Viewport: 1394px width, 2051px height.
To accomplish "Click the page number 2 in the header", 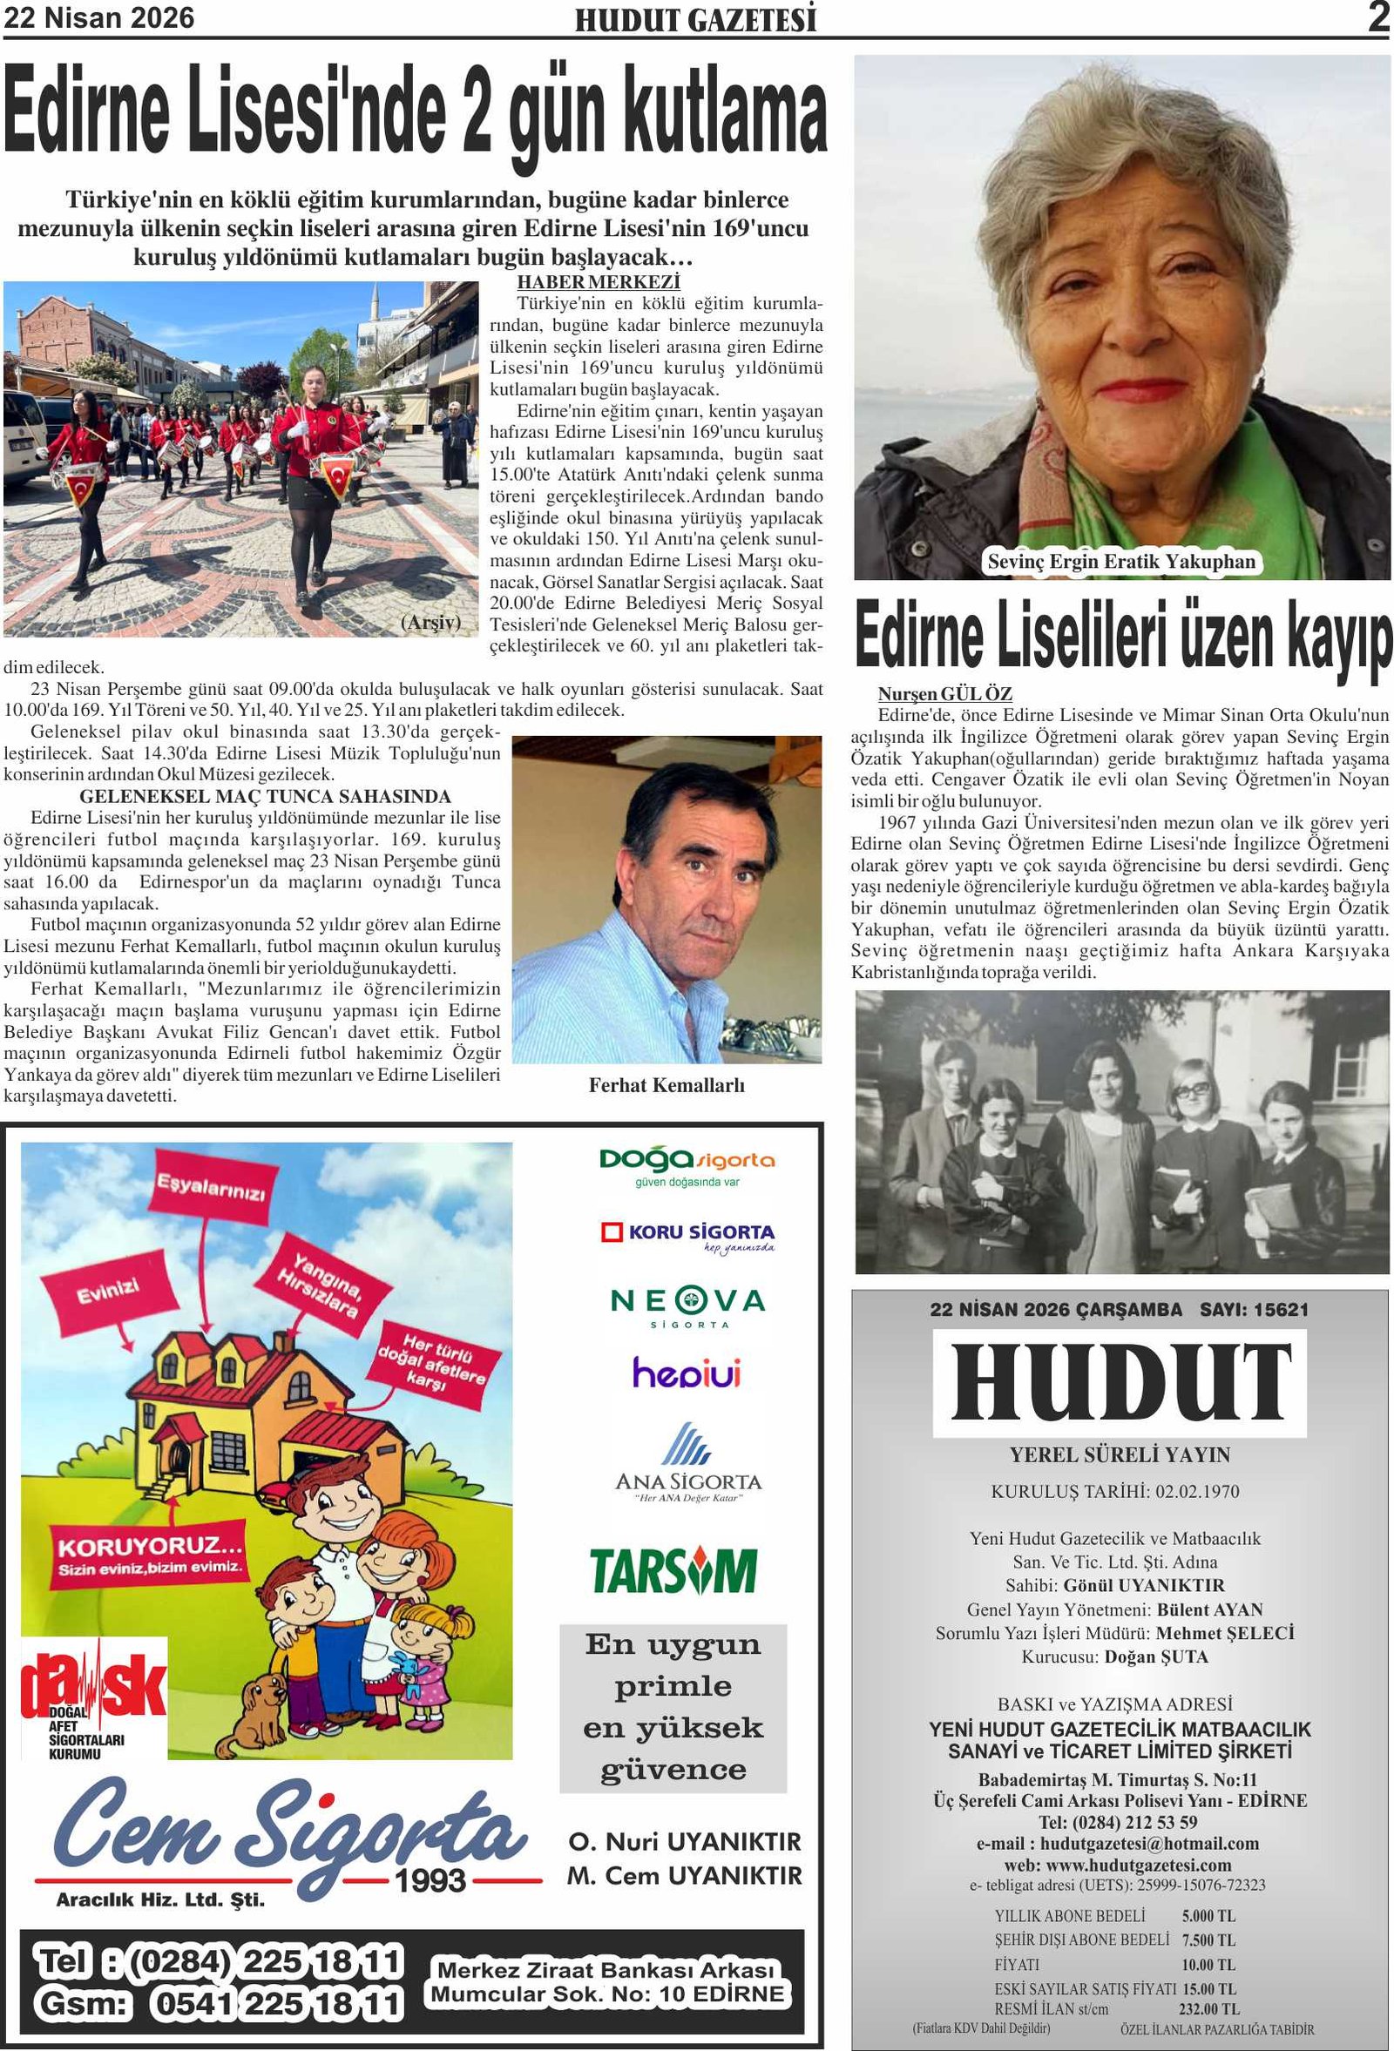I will pyautogui.click(x=1377, y=17).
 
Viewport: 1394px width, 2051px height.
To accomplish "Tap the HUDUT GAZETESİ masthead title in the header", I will pyautogui.click(x=695, y=20).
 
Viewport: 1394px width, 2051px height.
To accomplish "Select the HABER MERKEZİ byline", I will pyautogui.click(x=599, y=282).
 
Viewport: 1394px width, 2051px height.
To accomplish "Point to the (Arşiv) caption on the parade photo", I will pyautogui.click(x=430, y=622).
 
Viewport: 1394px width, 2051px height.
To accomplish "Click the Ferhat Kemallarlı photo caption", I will pyautogui.click(x=667, y=1085).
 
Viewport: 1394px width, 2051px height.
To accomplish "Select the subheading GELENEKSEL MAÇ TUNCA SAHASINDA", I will pyautogui.click(x=265, y=796).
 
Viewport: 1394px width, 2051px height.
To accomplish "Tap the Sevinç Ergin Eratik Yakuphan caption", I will pyautogui.click(x=1121, y=561).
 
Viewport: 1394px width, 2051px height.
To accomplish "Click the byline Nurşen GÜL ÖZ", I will pyautogui.click(x=944, y=693).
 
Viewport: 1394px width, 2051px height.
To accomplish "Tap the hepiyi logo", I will pyautogui.click(x=686, y=1373).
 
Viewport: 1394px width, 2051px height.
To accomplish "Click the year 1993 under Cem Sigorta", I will pyautogui.click(x=430, y=1879).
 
